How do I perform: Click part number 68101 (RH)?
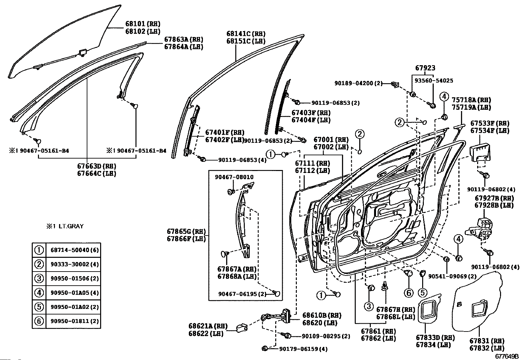[x=143, y=24]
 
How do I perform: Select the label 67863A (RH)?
[x=184, y=39]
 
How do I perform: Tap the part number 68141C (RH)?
[x=246, y=34]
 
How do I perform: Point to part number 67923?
[x=425, y=68]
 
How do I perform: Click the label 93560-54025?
[x=434, y=81]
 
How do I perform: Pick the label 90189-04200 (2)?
[x=358, y=83]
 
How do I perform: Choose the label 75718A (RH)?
[x=471, y=100]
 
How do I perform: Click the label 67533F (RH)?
[x=490, y=123]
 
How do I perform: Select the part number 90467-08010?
[x=234, y=177]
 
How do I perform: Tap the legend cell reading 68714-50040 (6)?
[x=75, y=250]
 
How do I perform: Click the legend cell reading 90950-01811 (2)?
[x=75, y=321]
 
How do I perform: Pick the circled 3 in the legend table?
[x=39, y=278]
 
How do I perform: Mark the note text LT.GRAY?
[x=71, y=226]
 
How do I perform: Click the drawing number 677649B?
[x=507, y=356]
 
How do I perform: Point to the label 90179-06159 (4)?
[x=303, y=349]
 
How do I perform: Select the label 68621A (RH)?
[x=208, y=326]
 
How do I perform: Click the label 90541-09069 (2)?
[x=452, y=276]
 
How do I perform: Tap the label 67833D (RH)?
[x=435, y=338]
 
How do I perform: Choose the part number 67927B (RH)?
[x=494, y=198]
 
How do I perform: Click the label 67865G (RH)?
[x=186, y=232]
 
